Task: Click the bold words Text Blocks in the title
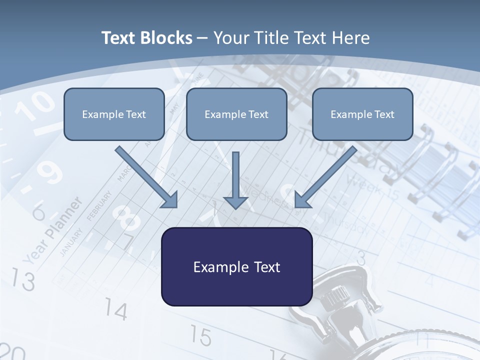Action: coord(146,38)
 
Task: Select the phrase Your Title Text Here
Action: coord(291,38)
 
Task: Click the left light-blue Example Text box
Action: coord(114,114)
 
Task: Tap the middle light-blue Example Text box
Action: coord(236,114)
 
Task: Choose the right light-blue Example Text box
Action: coord(362,114)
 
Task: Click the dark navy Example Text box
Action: coord(236,267)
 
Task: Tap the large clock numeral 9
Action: coord(50,172)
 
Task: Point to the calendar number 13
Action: coord(23,280)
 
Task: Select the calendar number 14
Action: coord(116,310)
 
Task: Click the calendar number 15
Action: coord(200,336)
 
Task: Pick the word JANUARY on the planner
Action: coord(70,242)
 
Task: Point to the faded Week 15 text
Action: coord(372,187)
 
